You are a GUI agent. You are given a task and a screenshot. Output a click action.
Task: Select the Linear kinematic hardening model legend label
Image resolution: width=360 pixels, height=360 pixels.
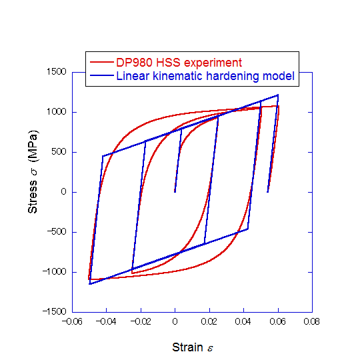pos(205,76)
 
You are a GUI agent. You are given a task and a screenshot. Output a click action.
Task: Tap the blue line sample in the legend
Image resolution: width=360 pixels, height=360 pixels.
pos(102,76)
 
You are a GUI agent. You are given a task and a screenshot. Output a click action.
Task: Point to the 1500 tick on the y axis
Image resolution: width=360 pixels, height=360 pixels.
pos(55,72)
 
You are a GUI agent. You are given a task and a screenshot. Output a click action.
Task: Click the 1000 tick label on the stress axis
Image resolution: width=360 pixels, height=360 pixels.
pos(55,112)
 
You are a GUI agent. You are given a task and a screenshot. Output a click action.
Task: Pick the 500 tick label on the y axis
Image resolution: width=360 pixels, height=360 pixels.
pos(57,152)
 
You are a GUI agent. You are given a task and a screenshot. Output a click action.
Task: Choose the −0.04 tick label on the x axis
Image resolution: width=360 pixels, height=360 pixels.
pos(106,321)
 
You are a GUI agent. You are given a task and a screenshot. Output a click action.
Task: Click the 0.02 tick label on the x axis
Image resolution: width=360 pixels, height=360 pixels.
pos(209,321)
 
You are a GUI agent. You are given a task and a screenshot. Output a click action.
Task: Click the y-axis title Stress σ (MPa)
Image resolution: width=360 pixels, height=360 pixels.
pos(33,181)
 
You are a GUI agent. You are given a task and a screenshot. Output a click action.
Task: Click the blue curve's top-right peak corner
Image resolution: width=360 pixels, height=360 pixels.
pos(278,95)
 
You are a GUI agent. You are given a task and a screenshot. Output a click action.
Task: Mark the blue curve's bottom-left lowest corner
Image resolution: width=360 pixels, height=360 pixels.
pos(90,284)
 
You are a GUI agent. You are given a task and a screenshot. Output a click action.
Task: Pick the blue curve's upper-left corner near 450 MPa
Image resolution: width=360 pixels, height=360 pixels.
pos(103,156)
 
